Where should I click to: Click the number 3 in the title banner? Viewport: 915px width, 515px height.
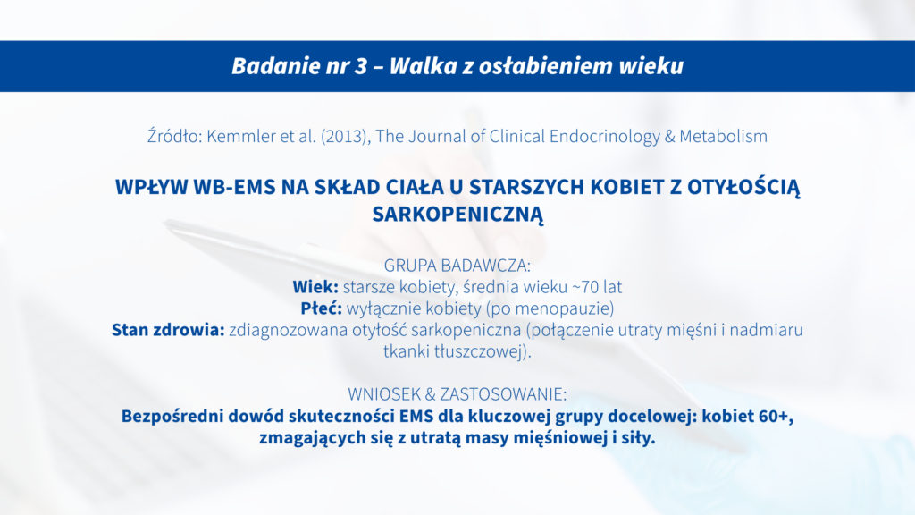click(361, 66)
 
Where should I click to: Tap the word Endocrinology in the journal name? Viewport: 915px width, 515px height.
click(603, 137)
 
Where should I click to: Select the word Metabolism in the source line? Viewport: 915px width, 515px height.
click(723, 136)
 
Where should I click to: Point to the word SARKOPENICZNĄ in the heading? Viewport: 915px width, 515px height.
click(458, 215)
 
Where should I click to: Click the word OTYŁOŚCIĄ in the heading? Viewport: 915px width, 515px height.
click(743, 188)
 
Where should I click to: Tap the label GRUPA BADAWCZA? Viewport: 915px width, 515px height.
click(457, 266)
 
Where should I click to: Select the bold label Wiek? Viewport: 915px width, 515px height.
click(315, 287)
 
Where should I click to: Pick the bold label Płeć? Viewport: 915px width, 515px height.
click(321, 308)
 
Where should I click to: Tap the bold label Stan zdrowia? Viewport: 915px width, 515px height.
click(168, 330)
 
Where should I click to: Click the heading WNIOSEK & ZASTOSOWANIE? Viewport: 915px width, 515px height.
click(457, 394)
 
